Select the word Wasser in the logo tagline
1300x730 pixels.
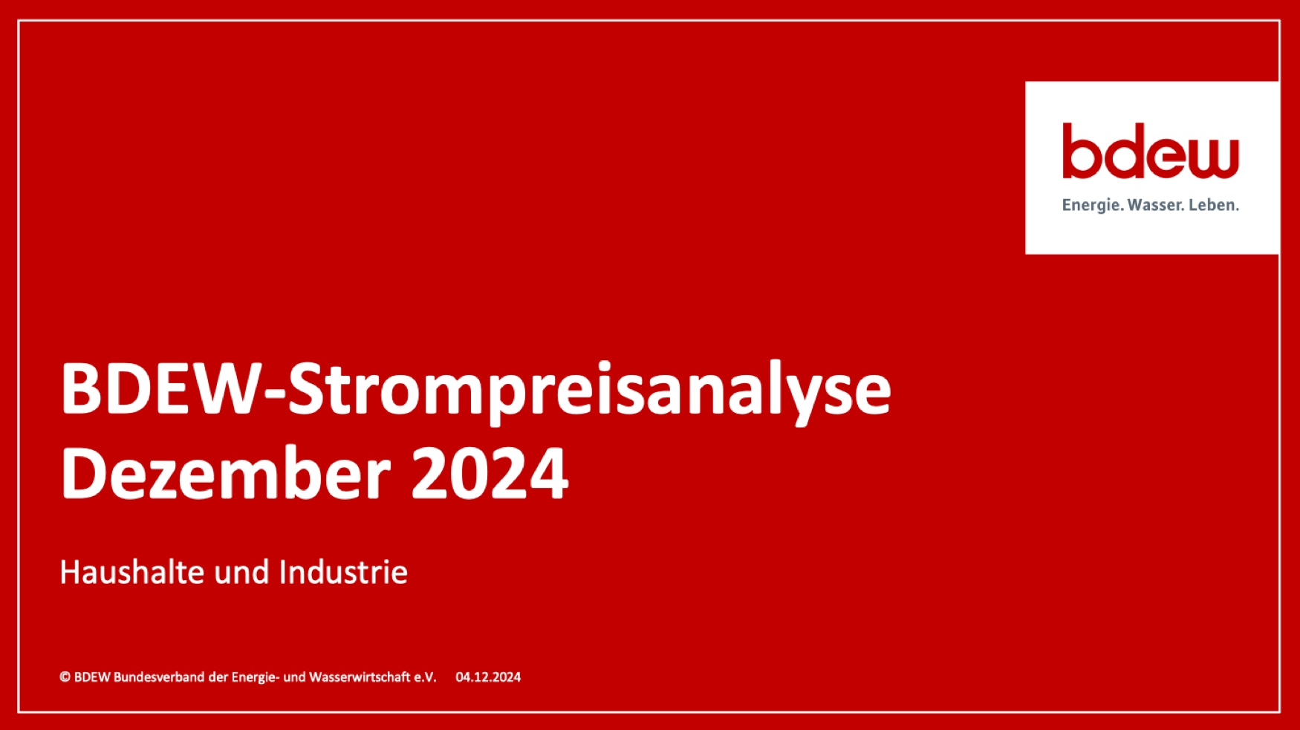point(1155,205)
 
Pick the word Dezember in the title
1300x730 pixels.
point(226,475)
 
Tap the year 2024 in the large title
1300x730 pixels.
point(490,475)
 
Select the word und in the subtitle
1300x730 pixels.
point(241,573)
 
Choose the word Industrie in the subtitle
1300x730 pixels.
point(343,572)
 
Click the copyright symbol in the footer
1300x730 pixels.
point(65,677)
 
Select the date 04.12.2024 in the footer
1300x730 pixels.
point(488,677)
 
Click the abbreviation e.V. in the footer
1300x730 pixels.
point(426,677)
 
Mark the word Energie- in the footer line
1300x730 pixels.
point(256,677)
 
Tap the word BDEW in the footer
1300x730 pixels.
point(92,677)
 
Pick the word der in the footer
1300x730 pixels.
point(218,677)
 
